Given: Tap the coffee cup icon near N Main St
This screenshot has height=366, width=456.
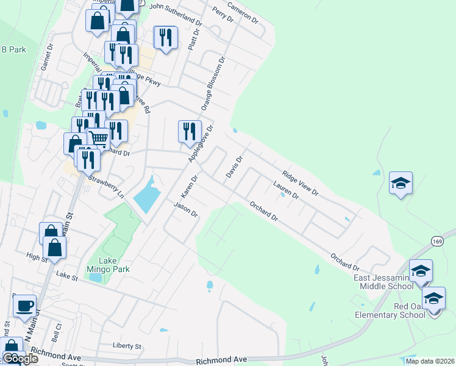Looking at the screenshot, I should [x=24, y=306].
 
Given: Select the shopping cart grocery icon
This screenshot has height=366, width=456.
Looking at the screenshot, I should [x=98, y=140].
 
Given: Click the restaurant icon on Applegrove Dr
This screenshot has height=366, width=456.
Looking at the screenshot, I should [x=189, y=131].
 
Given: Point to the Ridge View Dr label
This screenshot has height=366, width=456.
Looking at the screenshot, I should [x=300, y=183].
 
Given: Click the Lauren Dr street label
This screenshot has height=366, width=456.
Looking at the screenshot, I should [x=286, y=191].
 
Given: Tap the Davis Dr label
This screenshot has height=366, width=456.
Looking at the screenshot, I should [x=235, y=167].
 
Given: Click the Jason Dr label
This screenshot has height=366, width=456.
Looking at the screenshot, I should [x=186, y=210].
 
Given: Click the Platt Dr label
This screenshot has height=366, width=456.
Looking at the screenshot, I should [x=194, y=39].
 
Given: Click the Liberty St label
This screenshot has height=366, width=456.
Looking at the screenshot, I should [x=127, y=345].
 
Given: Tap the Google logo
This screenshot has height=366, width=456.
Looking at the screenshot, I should [x=20, y=358].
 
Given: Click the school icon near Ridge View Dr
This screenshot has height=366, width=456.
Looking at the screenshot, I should [x=401, y=183].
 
